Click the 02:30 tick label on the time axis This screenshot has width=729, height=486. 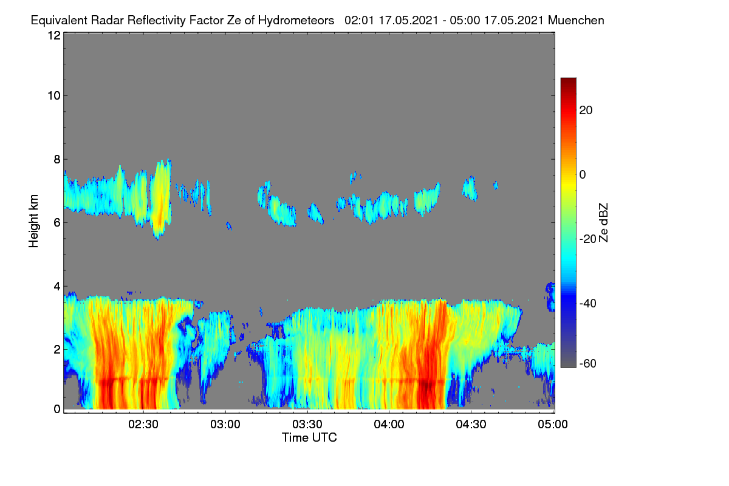[x=143, y=425]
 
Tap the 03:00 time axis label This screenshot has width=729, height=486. [x=225, y=425]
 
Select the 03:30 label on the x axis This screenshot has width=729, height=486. [x=307, y=425]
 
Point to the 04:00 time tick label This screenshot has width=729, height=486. [x=389, y=425]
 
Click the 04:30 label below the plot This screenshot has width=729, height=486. [x=471, y=425]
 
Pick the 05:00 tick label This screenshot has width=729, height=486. [x=553, y=425]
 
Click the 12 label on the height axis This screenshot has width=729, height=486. [x=54, y=35]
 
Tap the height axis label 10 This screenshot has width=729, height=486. [x=54, y=96]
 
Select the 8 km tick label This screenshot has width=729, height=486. [x=57, y=159]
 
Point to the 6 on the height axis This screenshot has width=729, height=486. [x=57, y=223]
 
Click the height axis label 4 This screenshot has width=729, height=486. [x=57, y=286]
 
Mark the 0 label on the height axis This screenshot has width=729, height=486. [x=57, y=409]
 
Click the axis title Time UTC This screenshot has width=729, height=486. [x=309, y=437]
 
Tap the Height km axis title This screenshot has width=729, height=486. [x=33, y=221]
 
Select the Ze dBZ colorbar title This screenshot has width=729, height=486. [x=603, y=223]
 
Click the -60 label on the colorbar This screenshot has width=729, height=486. [x=588, y=364]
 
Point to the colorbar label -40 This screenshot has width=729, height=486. [x=588, y=303]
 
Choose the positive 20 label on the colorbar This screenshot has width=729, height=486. [x=586, y=111]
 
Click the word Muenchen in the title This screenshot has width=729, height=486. [x=576, y=20]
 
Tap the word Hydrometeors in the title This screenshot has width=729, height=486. [x=296, y=21]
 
